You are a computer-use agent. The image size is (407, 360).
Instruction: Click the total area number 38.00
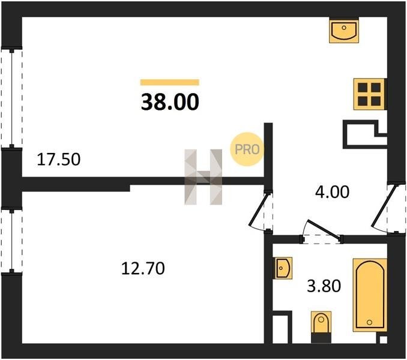click(170, 102)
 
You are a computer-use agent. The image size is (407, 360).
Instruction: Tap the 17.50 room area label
click(59, 159)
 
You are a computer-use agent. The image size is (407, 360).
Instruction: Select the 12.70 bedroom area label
click(143, 268)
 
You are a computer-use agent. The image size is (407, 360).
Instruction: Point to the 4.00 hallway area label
click(332, 192)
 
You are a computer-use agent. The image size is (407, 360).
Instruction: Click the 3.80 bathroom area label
click(324, 286)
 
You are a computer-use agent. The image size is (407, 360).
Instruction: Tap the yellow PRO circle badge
click(247, 149)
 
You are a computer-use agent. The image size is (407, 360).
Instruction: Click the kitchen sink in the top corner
click(344, 31)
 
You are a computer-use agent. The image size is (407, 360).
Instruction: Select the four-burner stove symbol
click(369, 94)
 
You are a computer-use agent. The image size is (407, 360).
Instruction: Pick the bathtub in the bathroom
click(370, 295)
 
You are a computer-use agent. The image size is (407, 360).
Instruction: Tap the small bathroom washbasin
click(284, 268)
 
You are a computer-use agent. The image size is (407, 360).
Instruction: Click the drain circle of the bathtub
click(369, 322)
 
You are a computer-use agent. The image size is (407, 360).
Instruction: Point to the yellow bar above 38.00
click(170, 82)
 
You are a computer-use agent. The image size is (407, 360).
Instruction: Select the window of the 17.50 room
click(11, 98)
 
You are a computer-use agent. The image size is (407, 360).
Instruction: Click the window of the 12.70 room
click(11, 240)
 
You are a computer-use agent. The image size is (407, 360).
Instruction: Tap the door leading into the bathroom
click(322, 232)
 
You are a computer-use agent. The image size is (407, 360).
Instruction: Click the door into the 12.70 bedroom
click(261, 210)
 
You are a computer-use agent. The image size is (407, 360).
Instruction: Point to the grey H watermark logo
click(203, 177)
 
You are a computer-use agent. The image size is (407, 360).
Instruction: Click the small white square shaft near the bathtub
click(383, 340)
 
